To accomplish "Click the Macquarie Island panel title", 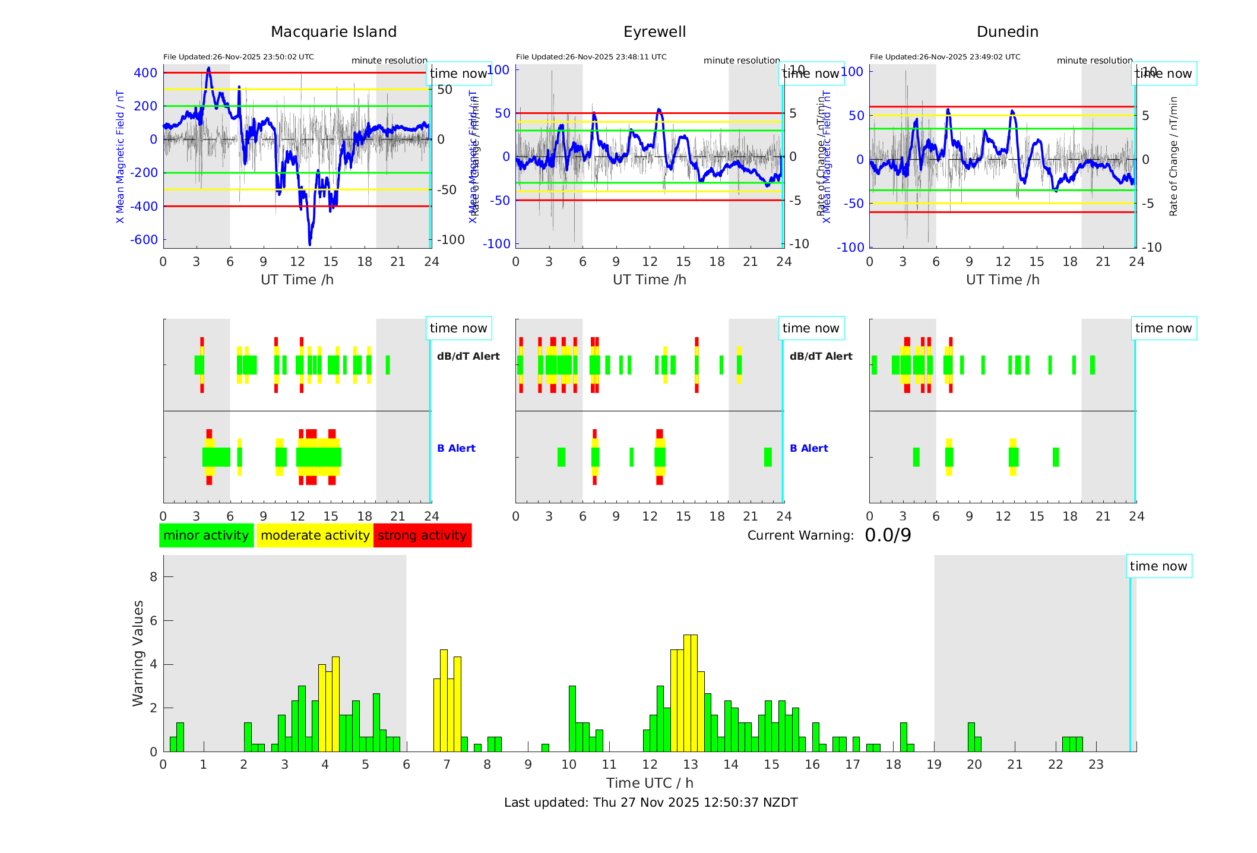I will (333, 32).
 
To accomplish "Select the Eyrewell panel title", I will (654, 32).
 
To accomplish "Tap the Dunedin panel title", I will (1007, 32).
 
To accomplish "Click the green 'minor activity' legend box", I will (206, 535).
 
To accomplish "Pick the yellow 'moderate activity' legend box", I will (315, 535).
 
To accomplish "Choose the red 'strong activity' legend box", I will (422, 535).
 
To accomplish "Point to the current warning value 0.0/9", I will (888, 535).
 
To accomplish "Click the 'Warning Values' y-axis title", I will (138, 653).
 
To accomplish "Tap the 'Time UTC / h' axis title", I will (650, 783).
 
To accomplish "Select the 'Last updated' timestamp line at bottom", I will (651, 803).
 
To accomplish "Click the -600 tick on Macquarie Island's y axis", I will (144, 240).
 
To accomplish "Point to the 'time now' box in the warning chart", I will (1158, 566).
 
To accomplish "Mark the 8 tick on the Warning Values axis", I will (154, 577).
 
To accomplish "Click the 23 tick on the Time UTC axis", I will (1096, 765).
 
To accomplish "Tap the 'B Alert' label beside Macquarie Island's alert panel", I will (456, 448).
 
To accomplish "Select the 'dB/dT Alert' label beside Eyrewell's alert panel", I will (821, 356).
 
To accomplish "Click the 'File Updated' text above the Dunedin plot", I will (945, 57).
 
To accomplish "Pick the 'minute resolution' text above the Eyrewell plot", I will (742, 61).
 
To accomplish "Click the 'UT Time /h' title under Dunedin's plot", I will (1002, 280).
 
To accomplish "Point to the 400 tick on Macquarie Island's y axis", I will (145, 73).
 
